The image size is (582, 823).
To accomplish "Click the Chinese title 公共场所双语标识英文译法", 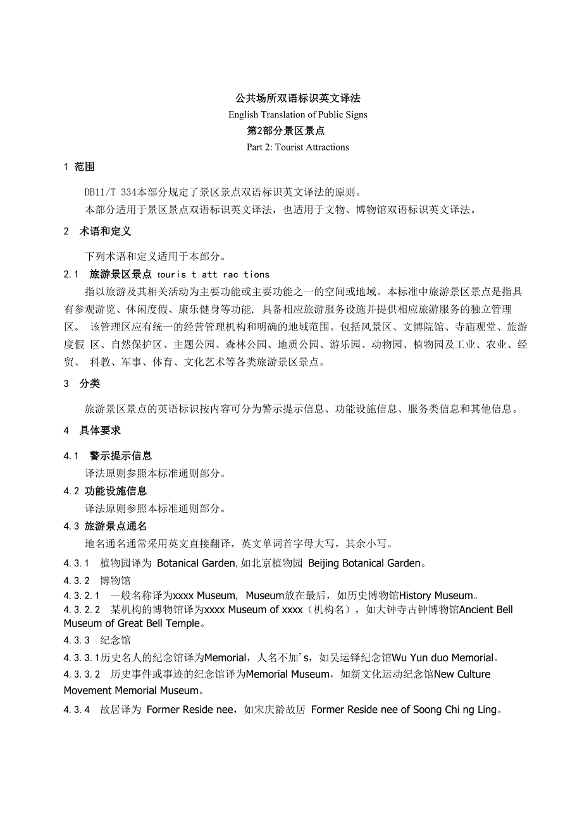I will tap(298, 98).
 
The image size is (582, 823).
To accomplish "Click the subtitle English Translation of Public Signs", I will tap(298, 114).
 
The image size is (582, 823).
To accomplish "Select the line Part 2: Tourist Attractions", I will tap(298, 147).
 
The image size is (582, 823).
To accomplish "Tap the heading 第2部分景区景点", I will tap(285, 131).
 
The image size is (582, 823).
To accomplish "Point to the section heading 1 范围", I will tap(79, 167).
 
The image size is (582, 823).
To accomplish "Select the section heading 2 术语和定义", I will tap(97, 231).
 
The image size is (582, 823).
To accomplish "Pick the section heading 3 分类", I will tap(82, 384).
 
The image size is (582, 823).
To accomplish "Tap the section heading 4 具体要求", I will tap(92, 430).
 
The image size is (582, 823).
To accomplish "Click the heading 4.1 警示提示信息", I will tap(108, 456).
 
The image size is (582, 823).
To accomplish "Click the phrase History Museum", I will tap(436, 595).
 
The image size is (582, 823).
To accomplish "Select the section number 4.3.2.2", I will tap(82, 610).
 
